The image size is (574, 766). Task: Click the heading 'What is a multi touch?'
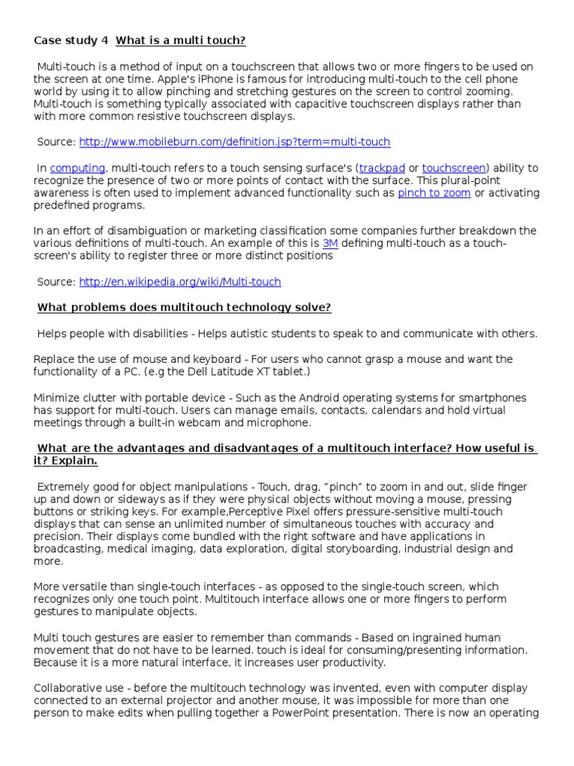pyautogui.click(x=181, y=40)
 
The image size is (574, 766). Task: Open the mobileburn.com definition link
pyautogui.click(x=235, y=142)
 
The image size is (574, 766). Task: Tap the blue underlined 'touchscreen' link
pyautogui.click(x=454, y=168)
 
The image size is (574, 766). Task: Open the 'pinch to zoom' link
pyautogui.click(x=434, y=193)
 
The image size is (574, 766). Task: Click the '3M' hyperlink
pyautogui.click(x=330, y=244)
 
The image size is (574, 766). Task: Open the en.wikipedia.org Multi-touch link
pyautogui.click(x=180, y=282)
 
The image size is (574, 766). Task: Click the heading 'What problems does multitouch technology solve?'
pyautogui.click(x=185, y=307)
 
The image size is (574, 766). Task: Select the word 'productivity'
pyautogui.click(x=348, y=663)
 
